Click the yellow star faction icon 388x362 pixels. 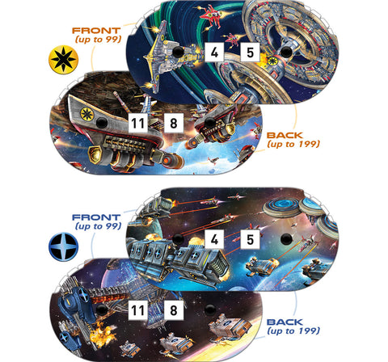coord(63,60)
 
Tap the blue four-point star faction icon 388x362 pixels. coord(63,246)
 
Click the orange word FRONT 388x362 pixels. coord(96,31)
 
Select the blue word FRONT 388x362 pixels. coord(96,217)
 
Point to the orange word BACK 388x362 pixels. coord(285,135)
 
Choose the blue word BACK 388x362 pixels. coord(285,322)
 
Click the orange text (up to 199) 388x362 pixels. coord(293,144)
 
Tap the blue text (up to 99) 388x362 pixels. coord(98,226)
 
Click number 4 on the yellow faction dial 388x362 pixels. coord(214,52)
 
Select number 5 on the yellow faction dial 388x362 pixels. coord(250,53)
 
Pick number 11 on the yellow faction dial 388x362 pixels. coord(137,123)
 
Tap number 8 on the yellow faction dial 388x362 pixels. coord(174,123)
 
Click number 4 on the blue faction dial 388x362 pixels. coord(214,239)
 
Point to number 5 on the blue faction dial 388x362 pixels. coord(250,239)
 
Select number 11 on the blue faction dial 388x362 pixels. coord(137,310)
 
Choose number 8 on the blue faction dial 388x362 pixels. coord(174,310)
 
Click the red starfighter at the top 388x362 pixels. coord(213,14)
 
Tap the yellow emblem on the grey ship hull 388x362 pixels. coord(86,114)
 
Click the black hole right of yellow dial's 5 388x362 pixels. coord(286,52)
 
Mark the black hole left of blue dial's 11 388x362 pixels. coord(102,309)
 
